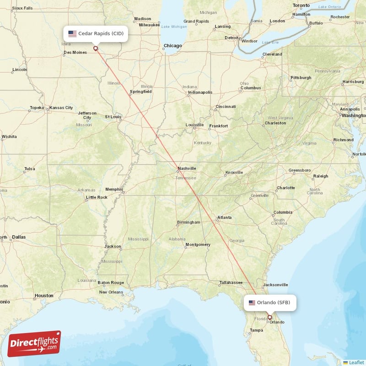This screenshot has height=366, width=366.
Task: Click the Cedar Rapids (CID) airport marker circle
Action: tap(96, 48)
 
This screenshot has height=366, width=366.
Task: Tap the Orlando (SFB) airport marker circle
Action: tap(269, 317)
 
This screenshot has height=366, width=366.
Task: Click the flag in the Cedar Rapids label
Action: tap(72, 33)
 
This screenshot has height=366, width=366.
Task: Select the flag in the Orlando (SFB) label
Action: tap(252, 302)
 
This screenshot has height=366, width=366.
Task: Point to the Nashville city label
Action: tap(187, 168)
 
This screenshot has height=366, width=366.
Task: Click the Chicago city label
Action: tap(173, 46)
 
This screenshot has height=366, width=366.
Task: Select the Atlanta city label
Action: tap(224, 218)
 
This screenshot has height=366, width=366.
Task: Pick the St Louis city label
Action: tap(113, 117)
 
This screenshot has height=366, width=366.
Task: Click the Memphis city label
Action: tap(114, 189)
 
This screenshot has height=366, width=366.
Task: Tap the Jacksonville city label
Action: tap(275, 284)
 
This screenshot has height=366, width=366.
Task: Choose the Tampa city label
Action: tap(256, 330)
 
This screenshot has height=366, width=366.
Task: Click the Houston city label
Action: tap(44, 296)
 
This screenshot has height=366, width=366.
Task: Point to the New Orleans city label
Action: tap(111, 292)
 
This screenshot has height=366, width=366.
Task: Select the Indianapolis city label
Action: tap(200, 92)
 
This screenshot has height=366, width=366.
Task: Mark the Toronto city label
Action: tap(301, 5)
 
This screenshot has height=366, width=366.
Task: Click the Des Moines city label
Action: tap(75, 52)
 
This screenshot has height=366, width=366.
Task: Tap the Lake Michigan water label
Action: tap(171, 26)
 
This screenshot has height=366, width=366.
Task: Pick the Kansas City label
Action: tap(61, 108)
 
